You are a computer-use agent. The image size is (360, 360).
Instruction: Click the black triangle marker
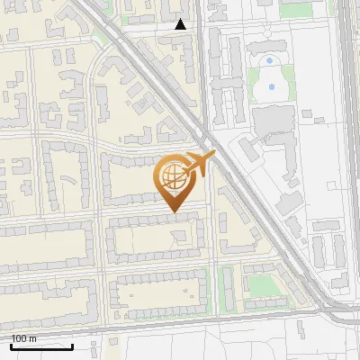(181, 24)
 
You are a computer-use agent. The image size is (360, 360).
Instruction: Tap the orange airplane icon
(198, 164)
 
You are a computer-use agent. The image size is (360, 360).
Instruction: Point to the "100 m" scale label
(23, 338)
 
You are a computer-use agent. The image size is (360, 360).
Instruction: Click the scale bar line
(41, 346)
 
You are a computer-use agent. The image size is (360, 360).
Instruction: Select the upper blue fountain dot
(269, 60)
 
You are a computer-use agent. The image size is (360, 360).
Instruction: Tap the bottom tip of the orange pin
(172, 211)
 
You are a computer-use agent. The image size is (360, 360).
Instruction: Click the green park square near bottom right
(260, 285)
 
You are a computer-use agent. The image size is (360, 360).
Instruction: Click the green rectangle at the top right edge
(296, 10)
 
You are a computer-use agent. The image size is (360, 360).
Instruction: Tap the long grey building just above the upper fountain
(268, 46)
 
